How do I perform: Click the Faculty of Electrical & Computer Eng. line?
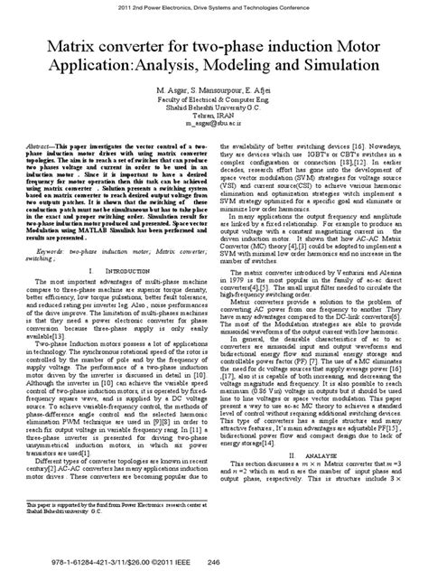click(214, 104)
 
